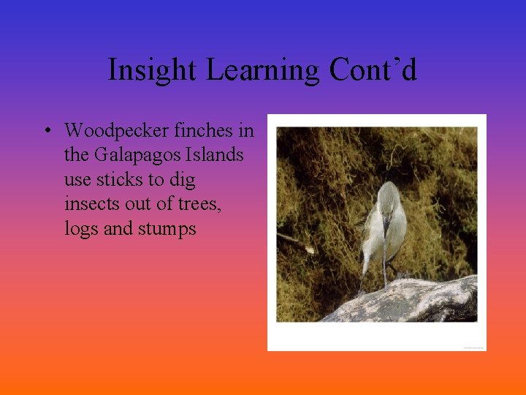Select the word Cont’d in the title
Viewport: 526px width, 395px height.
click(373, 70)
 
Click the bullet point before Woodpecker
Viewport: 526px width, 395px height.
click(46, 132)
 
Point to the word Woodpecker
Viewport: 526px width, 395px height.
click(118, 131)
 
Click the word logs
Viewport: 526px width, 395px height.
click(81, 229)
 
